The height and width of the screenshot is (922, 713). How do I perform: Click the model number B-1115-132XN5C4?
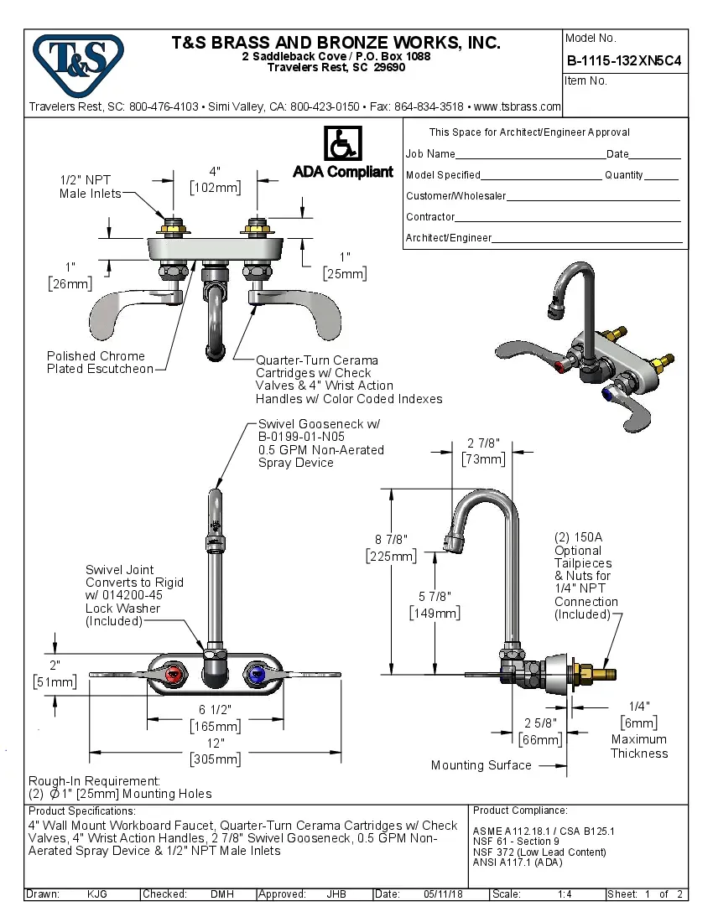pos(624,60)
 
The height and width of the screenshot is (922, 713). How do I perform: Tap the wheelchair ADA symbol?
pos(342,144)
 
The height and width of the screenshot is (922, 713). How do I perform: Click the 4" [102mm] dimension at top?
pos(215,179)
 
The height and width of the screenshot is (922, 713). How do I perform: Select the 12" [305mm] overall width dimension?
pos(216,751)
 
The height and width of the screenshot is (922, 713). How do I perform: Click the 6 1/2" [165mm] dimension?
pos(216,717)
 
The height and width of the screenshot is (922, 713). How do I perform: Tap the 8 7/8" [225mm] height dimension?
pos(390,547)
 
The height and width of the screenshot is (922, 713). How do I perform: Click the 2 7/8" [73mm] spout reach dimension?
pos(483,451)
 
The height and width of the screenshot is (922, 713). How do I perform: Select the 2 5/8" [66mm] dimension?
pos(540,731)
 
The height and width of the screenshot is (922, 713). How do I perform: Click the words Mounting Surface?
pos(481,764)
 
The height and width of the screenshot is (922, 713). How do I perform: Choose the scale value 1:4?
pos(565,894)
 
